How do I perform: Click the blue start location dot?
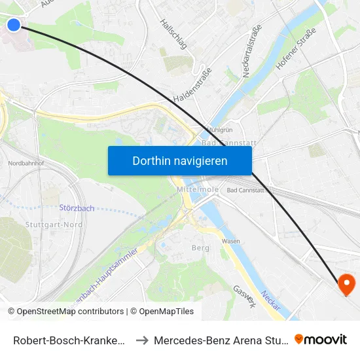pos(14,25)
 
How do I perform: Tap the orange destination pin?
pos(345,284)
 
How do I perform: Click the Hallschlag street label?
pos(173,33)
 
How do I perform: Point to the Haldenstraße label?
pos(192,85)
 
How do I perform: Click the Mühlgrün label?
pos(220,130)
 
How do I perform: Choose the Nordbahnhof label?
pos(26,163)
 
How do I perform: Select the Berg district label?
pos(200,247)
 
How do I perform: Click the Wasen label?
pos(230,241)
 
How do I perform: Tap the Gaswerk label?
pos(245,297)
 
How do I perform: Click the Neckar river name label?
pos(270,300)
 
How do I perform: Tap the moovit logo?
pos(321,340)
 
